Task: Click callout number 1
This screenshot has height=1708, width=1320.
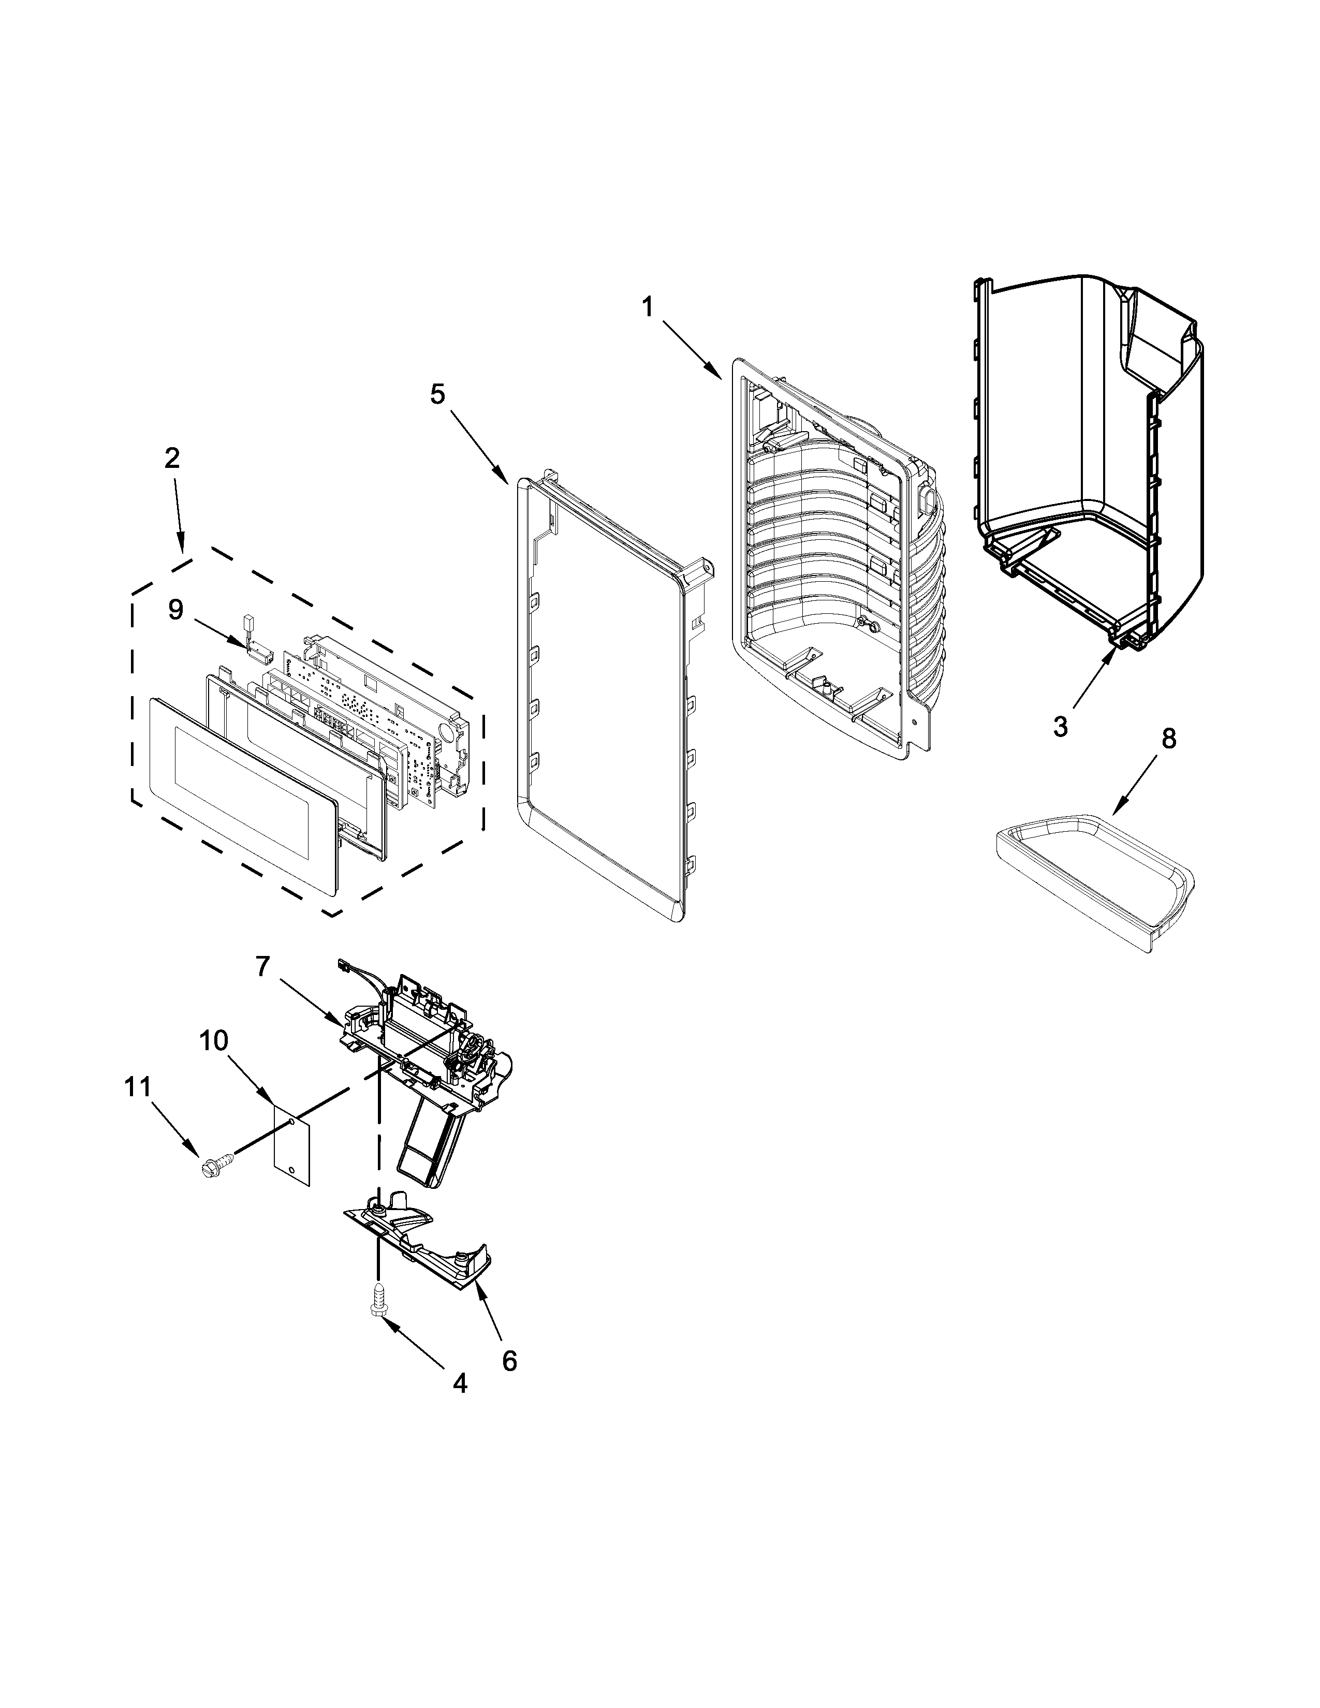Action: pos(648,307)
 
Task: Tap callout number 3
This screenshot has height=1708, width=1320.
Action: pos(1060,727)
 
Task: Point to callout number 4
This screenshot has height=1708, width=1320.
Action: pos(460,1383)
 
